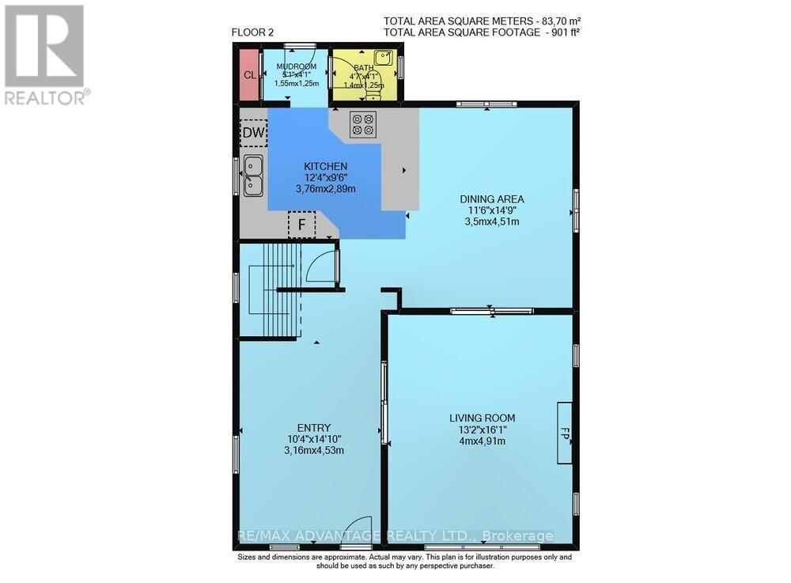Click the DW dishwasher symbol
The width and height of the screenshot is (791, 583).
pyautogui.click(x=253, y=132)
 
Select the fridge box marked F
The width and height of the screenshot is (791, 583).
pyautogui.click(x=301, y=225)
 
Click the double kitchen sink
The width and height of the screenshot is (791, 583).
pyautogui.click(x=254, y=176)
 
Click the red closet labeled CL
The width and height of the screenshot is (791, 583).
pyautogui.click(x=248, y=75)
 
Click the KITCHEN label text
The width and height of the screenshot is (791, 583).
pyautogui.click(x=325, y=166)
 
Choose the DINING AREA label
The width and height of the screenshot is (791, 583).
pyautogui.click(x=492, y=199)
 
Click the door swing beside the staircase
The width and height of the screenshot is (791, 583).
pyautogui.click(x=322, y=267)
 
